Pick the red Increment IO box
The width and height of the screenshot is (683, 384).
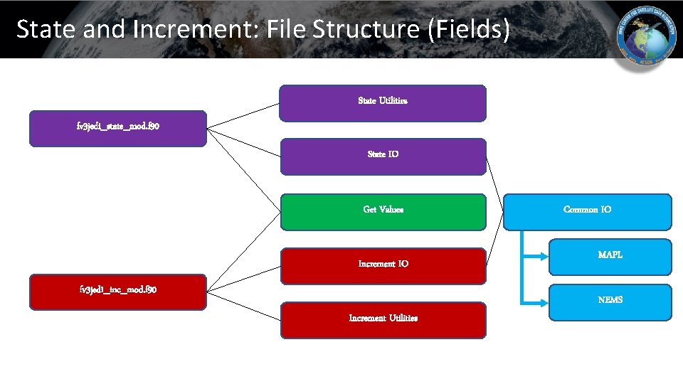pyautogui.click(x=383, y=265)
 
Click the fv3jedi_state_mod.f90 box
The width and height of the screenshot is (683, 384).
pyautogui.click(x=118, y=129)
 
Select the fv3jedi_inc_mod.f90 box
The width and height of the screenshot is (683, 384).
pyautogui.click(x=118, y=292)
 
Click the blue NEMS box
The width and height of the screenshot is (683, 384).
pyautogui.click(x=610, y=302)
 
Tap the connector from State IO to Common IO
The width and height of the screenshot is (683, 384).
pyautogui.click(x=495, y=187)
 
